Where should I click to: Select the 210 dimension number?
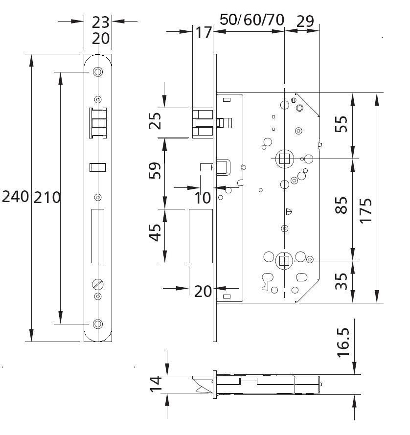click(47, 198)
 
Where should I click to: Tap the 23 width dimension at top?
click(100, 22)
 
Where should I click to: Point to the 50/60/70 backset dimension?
click(251, 20)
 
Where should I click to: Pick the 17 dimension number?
click(204, 32)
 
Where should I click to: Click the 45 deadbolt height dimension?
click(155, 232)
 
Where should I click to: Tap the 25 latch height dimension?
click(155, 121)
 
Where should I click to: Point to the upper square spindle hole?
click(283, 158)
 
